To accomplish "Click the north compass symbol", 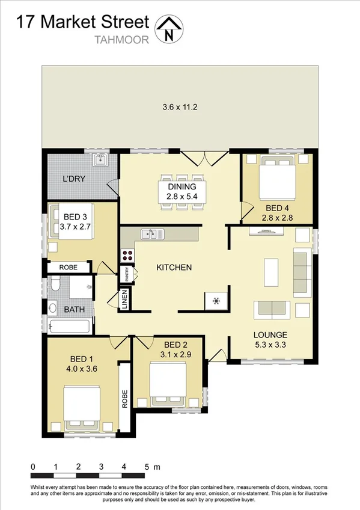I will click(x=169, y=29).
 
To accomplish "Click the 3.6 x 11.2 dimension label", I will click(x=180, y=108).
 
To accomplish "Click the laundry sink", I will click(x=99, y=159).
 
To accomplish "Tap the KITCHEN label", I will click(x=174, y=267).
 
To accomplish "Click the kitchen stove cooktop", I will click(x=127, y=255).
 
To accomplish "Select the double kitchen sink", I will click(x=152, y=233).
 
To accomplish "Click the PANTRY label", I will click(x=135, y=275).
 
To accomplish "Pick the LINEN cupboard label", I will click(x=124, y=300).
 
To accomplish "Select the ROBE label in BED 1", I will click(x=125, y=399).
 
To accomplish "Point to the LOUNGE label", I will click(x=270, y=334).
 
